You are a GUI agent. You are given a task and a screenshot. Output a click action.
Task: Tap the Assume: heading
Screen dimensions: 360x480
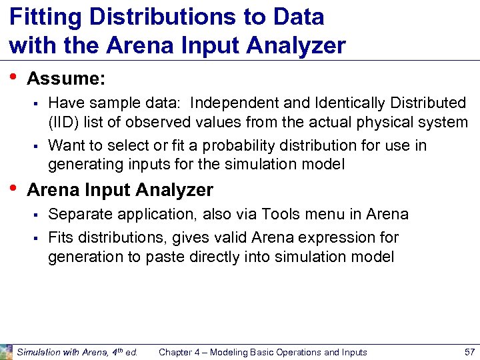pyautogui.click(x=66, y=79)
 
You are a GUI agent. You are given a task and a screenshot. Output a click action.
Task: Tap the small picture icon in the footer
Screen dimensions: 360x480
pyautogui.click(x=7, y=352)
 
